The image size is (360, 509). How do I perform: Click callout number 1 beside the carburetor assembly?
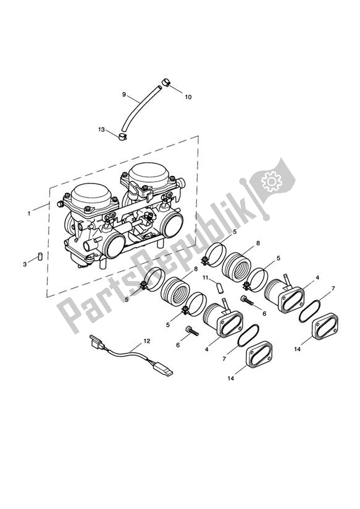[x=28, y=213]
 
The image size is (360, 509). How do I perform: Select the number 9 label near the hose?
[x=123, y=95]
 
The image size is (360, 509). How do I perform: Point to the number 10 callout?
[x=188, y=97]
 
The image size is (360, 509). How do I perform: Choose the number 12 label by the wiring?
[x=146, y=340]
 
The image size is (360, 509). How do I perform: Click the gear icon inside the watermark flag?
[x=269, y=181]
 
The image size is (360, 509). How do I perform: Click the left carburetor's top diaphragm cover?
[x=91, y=199]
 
